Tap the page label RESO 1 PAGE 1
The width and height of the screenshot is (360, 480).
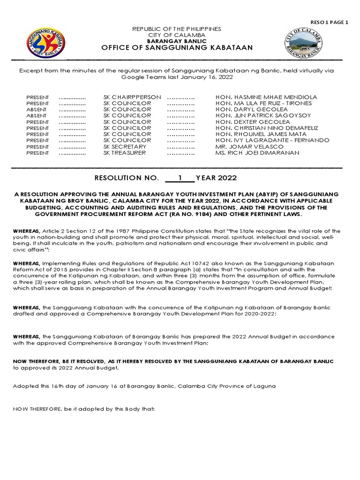click(329, 22)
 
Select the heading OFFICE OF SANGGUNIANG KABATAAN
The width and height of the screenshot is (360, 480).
click(177, 48)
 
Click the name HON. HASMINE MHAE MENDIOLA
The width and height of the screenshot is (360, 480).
click(266, 97)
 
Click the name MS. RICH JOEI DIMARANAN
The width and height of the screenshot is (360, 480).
click(257, 153)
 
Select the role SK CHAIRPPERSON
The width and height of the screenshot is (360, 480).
click(132, 97)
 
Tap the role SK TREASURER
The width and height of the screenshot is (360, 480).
click(125, 153)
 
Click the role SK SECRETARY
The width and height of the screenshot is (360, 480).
click(125, 147)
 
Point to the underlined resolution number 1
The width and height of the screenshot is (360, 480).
click(180, 178)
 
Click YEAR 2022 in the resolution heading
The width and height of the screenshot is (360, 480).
click(216, 178)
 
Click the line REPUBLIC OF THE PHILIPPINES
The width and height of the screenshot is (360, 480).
click(177, 29)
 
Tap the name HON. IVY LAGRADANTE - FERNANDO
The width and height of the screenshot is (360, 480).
click(272, 140)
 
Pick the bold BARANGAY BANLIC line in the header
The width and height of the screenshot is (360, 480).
click(177, 41)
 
